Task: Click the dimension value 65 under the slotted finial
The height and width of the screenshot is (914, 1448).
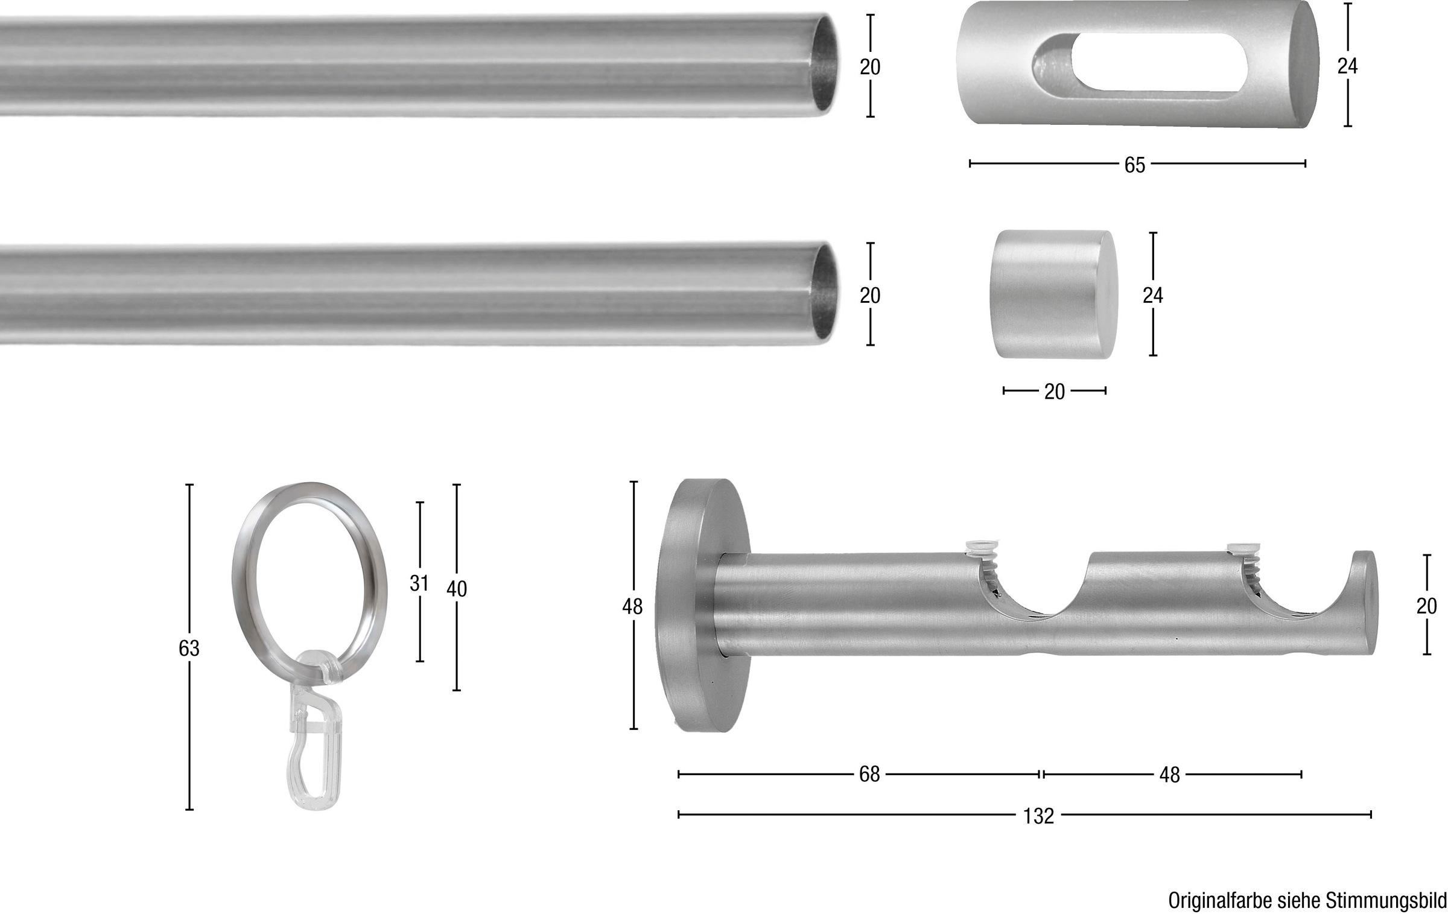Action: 1134,165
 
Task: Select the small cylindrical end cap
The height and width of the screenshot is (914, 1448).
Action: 1053,294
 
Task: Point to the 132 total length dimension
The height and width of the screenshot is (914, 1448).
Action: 1038,816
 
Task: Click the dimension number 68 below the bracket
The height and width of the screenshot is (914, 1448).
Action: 869,774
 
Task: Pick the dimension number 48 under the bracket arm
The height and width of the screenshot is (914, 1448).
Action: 1169,775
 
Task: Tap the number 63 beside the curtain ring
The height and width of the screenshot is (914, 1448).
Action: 189,649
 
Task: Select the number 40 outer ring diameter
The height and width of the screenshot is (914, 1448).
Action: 457,589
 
